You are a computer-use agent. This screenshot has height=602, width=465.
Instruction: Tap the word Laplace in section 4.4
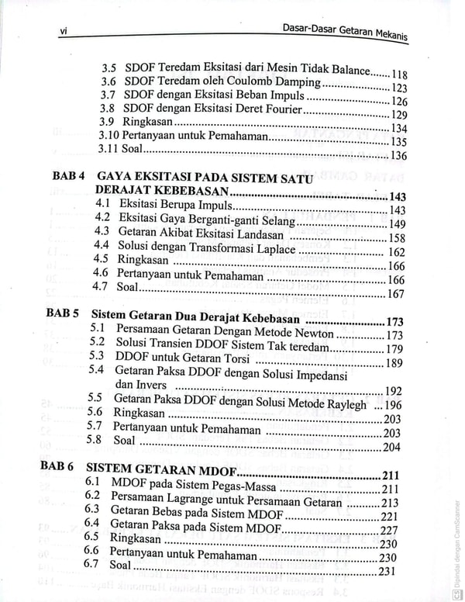(x=274, y=251)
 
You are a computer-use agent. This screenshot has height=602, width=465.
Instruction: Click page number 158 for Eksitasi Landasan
(x=396, y=238)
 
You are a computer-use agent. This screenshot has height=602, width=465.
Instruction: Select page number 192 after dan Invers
(x=393, y=391)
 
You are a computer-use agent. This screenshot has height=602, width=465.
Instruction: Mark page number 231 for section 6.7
(x=387, y=572)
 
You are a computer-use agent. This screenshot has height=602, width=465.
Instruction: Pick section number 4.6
(x=100, y=273)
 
